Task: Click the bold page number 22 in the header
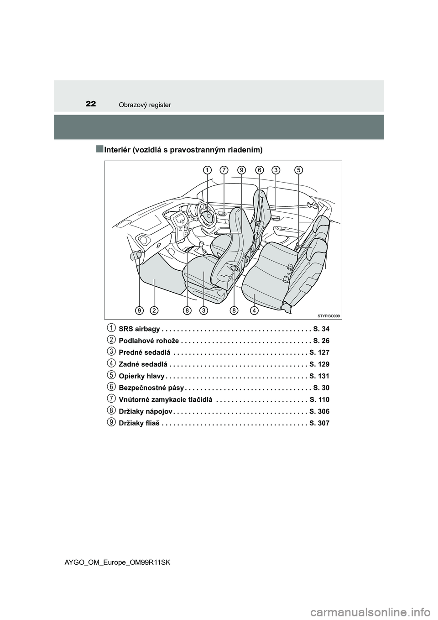[x=90, y=104]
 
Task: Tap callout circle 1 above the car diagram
[x=207, y=170]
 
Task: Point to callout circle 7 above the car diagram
[x=224, y=170]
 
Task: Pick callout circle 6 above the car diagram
[x=259, y=170]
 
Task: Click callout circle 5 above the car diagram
[x=298, y=170]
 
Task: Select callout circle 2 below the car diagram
[x=154, y=310]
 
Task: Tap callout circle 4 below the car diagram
[x=254, y=310]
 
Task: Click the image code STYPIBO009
[x=328, y=315]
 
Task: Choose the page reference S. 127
[x=319, y=352]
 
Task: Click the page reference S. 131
[x=319, y=376]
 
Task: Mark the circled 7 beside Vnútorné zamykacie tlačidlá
[x=111, y=399]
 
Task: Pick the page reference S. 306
[x=319, y=411]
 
